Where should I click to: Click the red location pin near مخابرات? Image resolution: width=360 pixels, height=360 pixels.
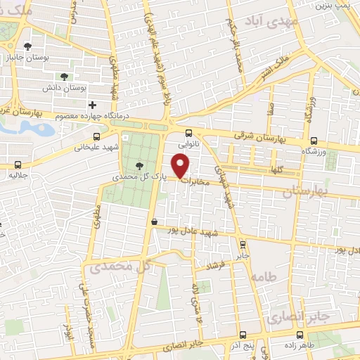point(181,165)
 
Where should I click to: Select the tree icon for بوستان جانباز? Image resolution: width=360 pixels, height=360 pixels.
point(27,47)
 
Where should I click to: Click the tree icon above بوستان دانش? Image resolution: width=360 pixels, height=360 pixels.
point(64,76)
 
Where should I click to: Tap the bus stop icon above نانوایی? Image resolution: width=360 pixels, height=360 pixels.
point(188,133)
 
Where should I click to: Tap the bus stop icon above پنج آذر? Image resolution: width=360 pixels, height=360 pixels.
point(242,335)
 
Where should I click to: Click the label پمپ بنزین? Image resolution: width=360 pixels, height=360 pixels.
point(331,6)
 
